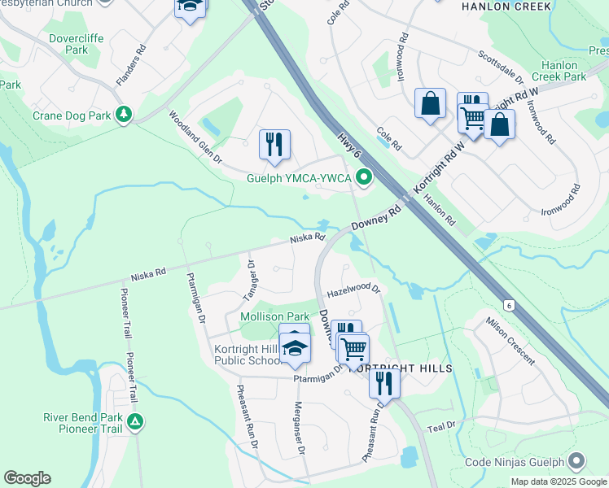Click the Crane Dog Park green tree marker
coord(124,115)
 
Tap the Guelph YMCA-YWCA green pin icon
coord(365,176)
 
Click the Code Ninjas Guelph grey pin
coord(577,461)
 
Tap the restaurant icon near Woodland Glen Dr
coord(274,145)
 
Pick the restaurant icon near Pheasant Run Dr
coord(384,382)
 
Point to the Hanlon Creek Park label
coord(564,71)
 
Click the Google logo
coord(27,478)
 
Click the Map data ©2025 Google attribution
coord(559,481)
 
